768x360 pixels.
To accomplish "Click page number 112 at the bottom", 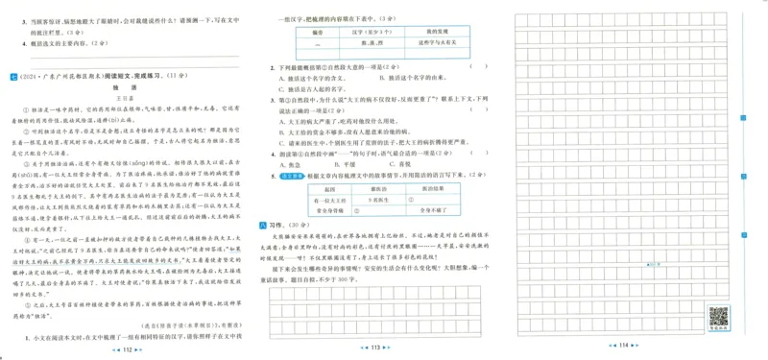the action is point(128,349).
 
